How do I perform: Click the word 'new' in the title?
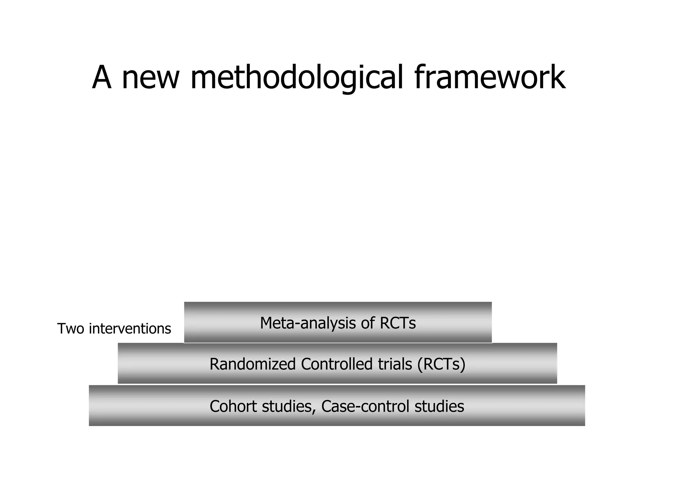tap(151, 78)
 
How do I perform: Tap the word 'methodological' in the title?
tap(297, 78)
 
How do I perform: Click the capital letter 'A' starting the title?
tap(102, 78)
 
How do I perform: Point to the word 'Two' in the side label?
tap(71, 329)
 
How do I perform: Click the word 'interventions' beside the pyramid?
tap(130, 329)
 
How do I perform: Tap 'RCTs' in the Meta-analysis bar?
tap(397, 323)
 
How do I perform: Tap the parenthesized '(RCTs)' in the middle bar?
tap(441, 364)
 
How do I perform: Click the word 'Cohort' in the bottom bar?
tap(233, 406)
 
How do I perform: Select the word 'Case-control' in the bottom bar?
tap(365, 406)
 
